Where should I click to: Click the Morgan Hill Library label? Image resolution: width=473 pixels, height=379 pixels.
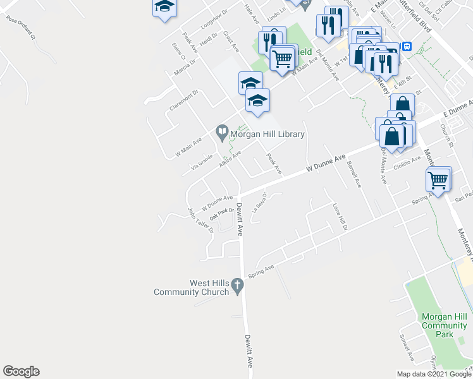point(267,134)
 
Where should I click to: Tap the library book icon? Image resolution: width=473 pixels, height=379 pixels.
point(222,133)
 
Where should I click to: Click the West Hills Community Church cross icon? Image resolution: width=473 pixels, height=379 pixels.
point(238,286)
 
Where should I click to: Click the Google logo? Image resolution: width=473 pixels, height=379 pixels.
point(21,371)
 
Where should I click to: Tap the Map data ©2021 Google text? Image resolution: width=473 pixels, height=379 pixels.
point(434,374)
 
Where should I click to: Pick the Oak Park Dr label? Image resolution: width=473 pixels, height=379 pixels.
point(222,214)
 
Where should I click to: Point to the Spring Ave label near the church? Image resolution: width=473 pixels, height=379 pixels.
point(261,272)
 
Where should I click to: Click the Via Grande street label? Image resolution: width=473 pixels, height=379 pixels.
point(202,161)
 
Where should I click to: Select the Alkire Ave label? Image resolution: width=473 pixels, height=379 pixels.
point(230,158)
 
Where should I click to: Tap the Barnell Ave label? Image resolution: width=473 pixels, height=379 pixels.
point(353,174)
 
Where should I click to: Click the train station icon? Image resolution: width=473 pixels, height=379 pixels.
point(407,46)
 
